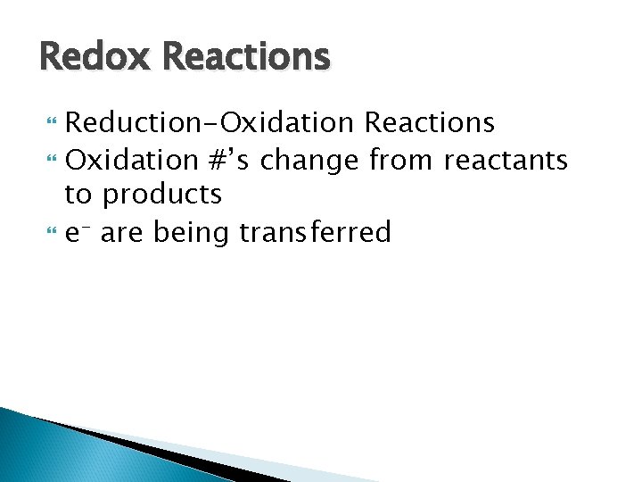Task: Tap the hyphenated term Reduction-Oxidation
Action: tap(210, 122)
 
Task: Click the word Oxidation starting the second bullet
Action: tap(134, 160)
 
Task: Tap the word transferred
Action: tap(316, 233)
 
